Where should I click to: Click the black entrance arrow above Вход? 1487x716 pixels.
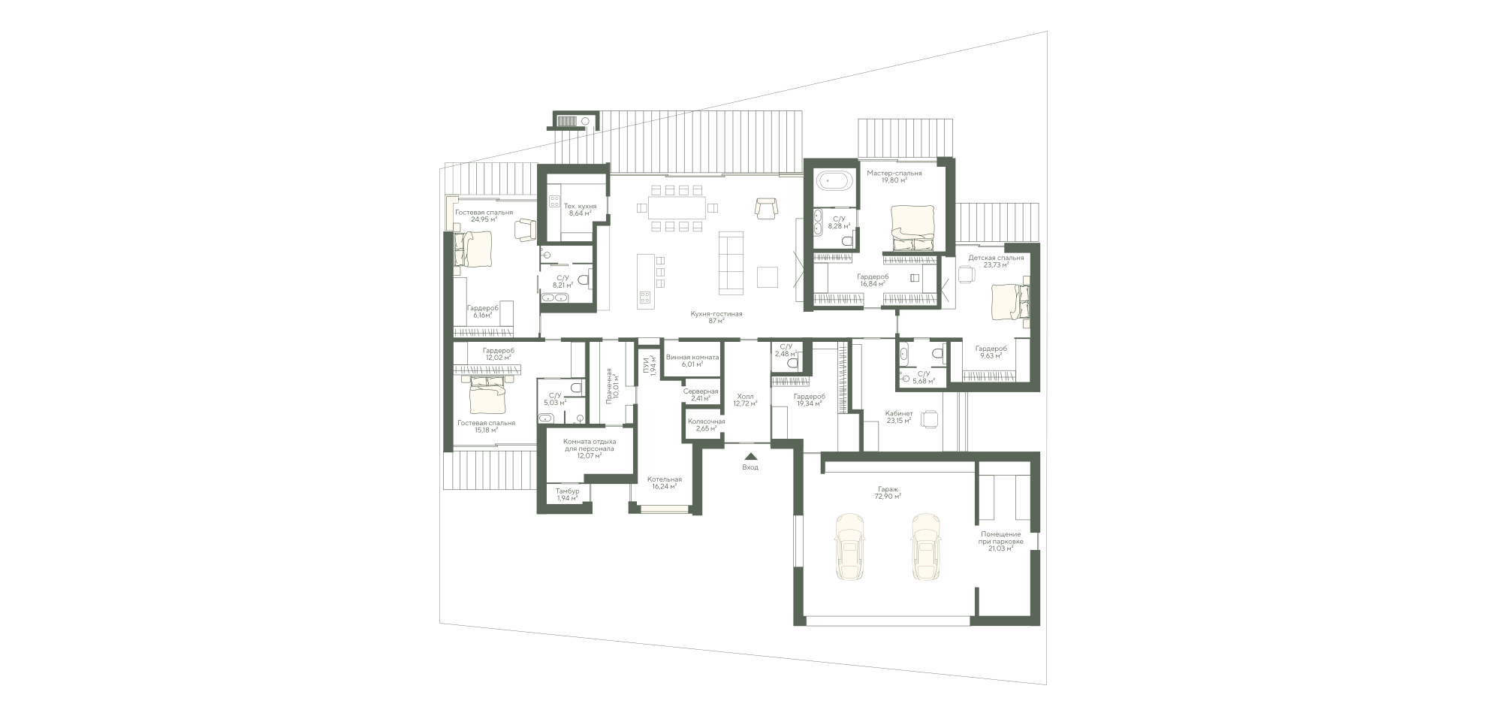pos(750,455)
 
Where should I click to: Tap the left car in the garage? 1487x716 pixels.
pos(849,547)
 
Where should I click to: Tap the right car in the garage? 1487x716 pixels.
pos(926,547)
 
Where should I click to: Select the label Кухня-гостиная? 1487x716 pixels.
pos(717,314)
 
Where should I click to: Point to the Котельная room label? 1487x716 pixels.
pos(665,479)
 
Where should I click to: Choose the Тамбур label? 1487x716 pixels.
pos(568,491)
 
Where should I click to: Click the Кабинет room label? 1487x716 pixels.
pos(899,413)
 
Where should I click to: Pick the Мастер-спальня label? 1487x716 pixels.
pos(894,174)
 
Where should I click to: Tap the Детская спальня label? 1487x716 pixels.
pos(996,258)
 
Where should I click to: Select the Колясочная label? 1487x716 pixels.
pos(707,421)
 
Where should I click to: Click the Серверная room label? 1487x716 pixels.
pos(701,391)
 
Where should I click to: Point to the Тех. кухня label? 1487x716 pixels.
pos(581,206)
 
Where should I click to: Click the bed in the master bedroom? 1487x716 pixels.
pos(912,228)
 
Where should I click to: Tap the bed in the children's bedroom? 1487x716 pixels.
pos(1007,301)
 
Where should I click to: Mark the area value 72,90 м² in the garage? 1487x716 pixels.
pos(887,497)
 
